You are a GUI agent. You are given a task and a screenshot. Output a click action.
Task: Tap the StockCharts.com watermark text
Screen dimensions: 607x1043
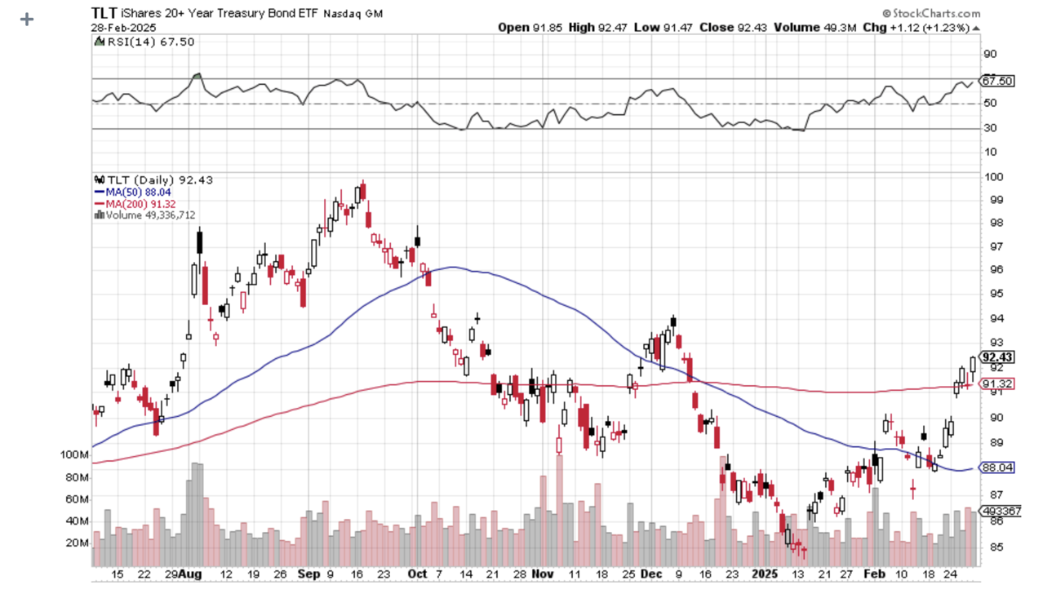pos(935,13)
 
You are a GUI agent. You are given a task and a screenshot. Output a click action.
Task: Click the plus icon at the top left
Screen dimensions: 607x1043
pos(27,19)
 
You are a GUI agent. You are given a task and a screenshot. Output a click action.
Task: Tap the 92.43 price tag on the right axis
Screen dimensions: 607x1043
pos(997,357)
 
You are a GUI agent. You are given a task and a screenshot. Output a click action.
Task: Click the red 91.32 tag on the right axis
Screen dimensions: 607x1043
pos(997,383)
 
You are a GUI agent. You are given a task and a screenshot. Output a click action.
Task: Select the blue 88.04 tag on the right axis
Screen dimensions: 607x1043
pos(997,468)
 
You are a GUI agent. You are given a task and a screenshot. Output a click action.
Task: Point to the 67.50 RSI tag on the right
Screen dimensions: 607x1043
pos(997,81)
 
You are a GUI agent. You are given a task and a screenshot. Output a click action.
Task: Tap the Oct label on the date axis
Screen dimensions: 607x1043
pos(417,574)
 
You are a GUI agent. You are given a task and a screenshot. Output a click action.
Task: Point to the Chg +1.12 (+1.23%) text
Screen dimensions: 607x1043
pos(925,27)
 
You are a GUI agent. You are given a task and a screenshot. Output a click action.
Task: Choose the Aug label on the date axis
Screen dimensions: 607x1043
pos(190,574)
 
